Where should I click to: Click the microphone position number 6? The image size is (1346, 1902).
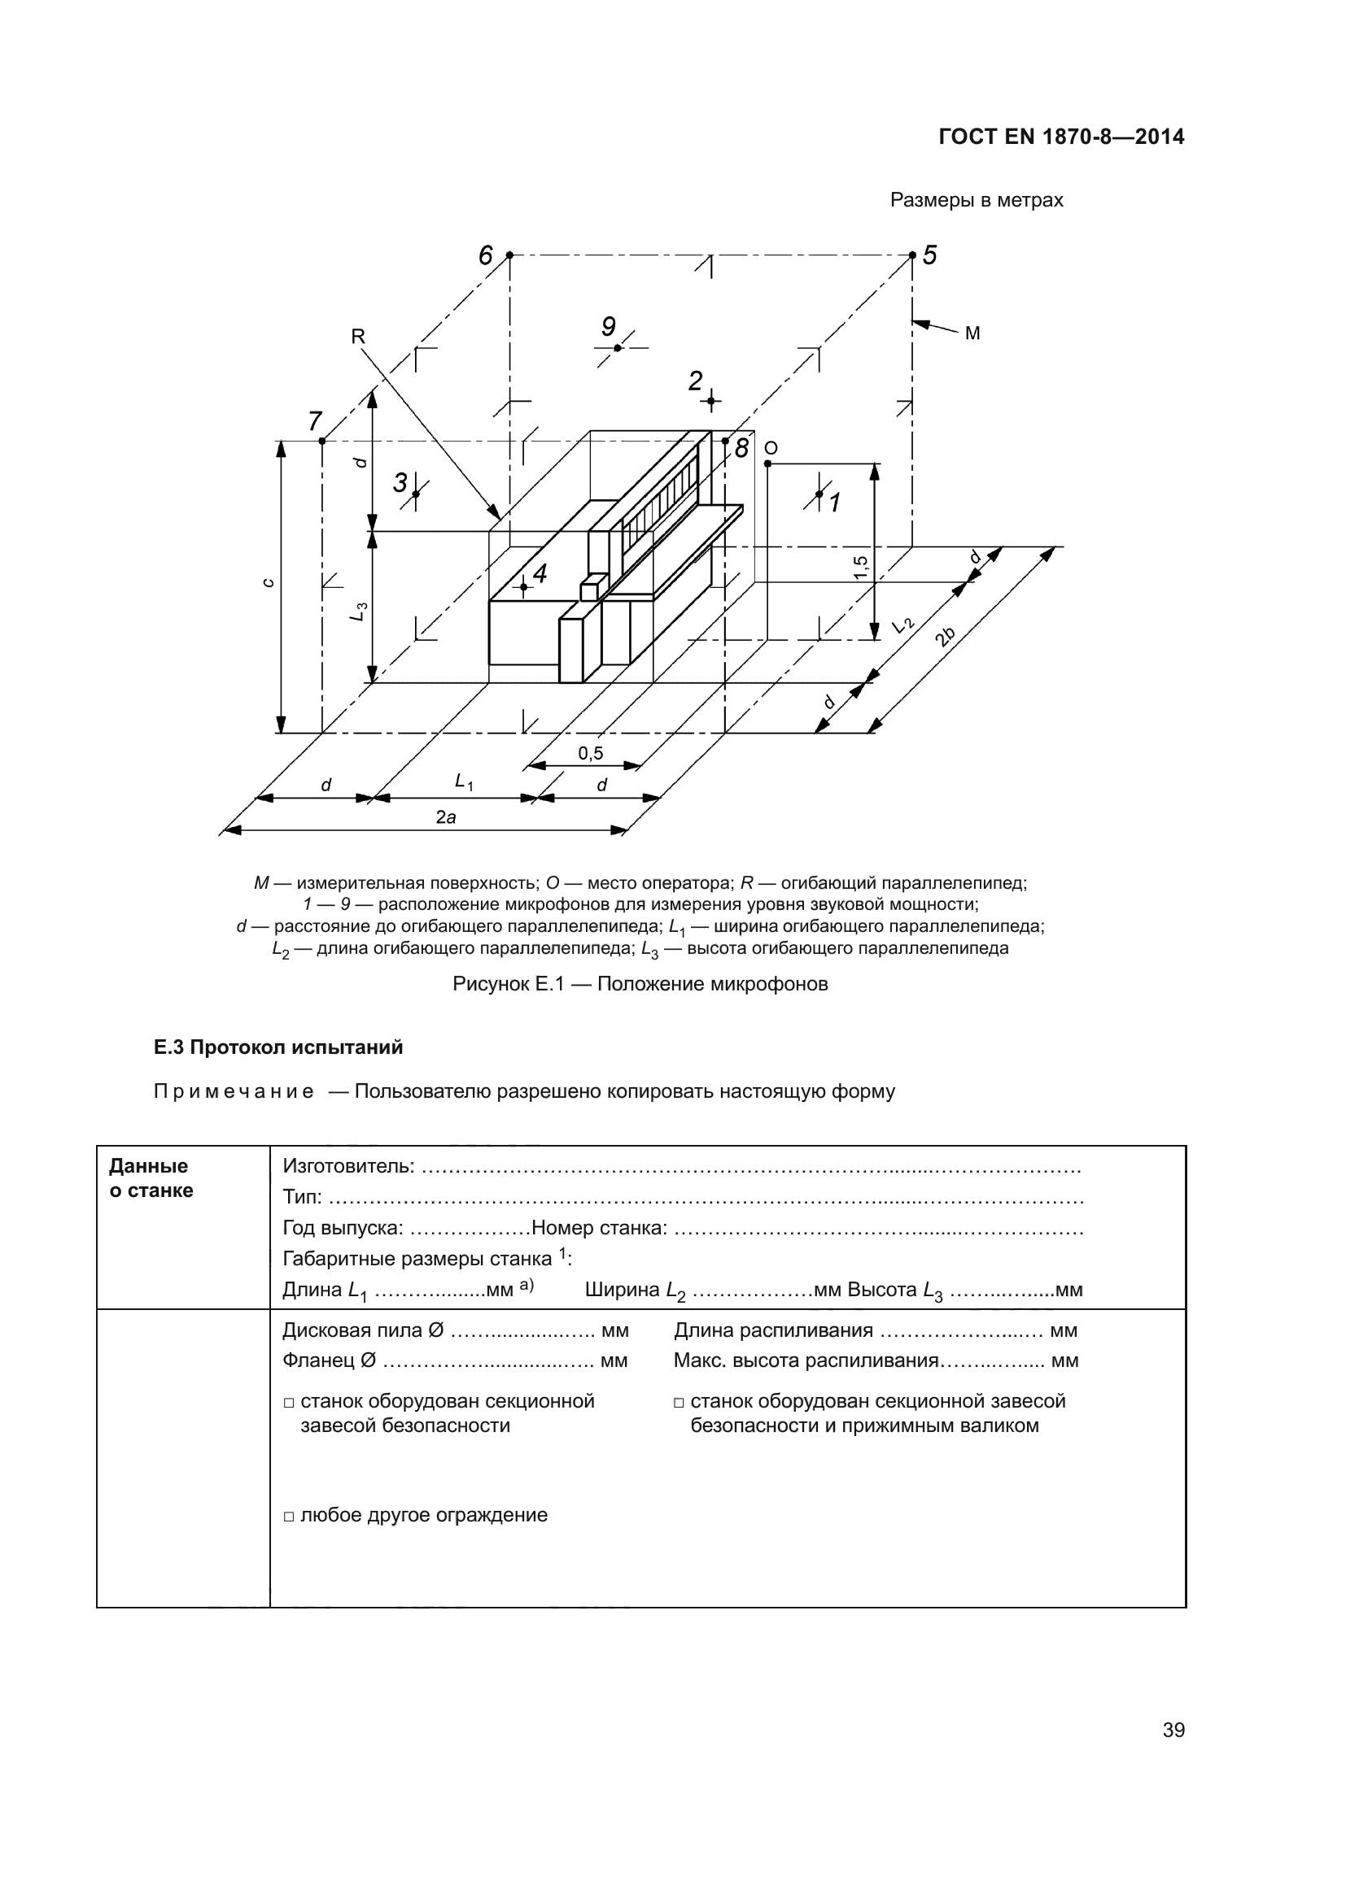(486, 255)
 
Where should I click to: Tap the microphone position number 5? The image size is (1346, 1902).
(929, 255)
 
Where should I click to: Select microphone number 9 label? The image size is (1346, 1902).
(609, 326)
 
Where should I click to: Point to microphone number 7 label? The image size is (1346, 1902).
(315, 421)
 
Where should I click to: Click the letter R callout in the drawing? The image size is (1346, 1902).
(358, 336)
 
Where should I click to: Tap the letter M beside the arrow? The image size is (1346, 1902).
(972, 333)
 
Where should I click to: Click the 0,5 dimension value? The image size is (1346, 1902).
(591, 753)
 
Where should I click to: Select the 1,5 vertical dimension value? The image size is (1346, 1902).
(861, 567)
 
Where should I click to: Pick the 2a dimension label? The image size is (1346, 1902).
(446, 816)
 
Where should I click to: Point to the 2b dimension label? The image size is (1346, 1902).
(944, 636)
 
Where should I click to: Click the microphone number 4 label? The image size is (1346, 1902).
(540, 572)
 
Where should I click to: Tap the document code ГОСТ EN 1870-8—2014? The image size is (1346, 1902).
(1061, 137)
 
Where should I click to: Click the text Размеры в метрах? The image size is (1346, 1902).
(977, 200)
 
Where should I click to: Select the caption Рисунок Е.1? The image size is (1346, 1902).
(640, 983)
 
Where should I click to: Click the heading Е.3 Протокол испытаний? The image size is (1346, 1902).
(278, 1047)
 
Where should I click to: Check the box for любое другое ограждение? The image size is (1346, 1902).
(289, 1516)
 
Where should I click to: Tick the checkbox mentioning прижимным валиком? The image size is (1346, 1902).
(679, 1403)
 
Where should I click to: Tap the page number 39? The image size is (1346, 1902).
(1173, 1729)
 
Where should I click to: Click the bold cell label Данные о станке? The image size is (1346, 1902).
(151, 1177)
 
